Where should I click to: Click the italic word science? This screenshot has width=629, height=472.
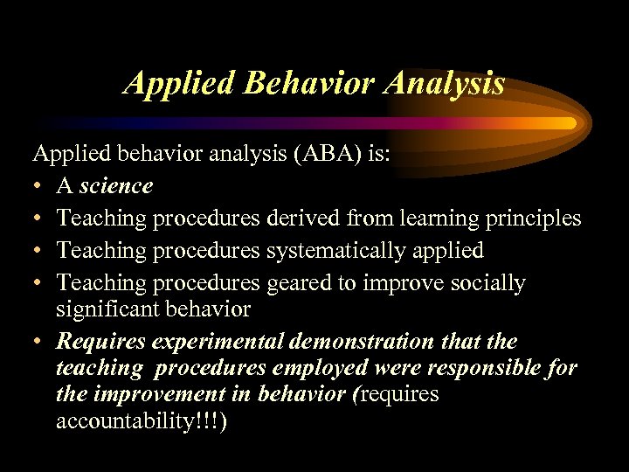point(116,185)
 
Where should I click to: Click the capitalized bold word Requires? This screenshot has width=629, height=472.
point(93,341)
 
